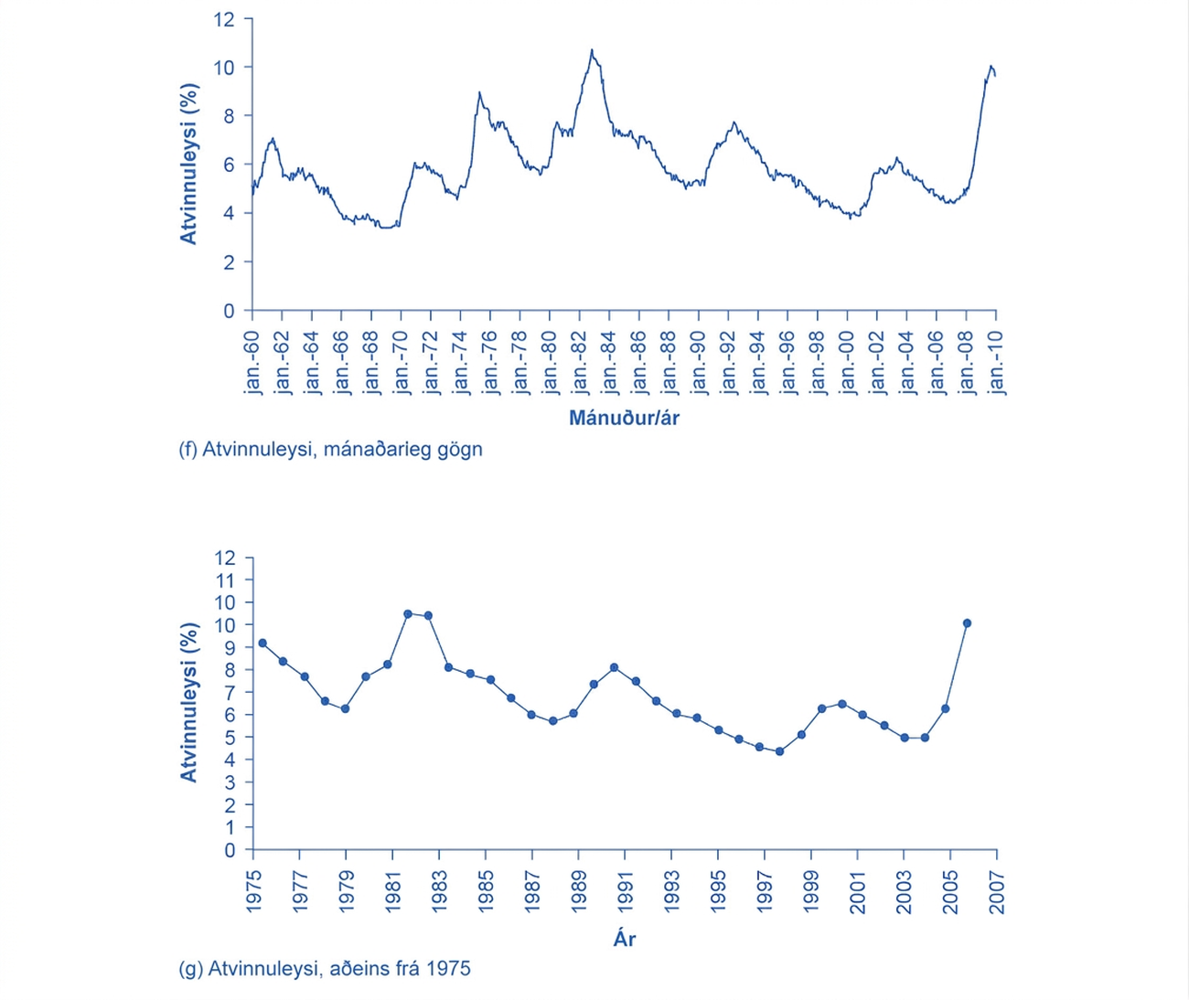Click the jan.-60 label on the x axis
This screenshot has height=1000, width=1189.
pyautogui.click(x=252, y=362)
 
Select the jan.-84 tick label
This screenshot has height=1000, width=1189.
pyautogui.click(x=609, y=362)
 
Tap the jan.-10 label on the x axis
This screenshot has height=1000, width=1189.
pyautogui.click(x=996, y=362)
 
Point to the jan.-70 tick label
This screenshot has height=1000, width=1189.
pyautogui.click(x=401, y=362)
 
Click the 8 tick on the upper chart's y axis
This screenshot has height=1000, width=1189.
pyautogui.click(x=228, y=116)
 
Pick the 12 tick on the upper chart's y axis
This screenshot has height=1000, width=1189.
pyautogui.click(x=224, y=19)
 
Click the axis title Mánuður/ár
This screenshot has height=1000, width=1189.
pyautogui.click(x=624, y=419)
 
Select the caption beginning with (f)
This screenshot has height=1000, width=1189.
pyautogui.click(x=331, y=450)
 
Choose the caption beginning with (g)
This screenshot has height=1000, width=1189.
pyautogui.click(x=325, y=968)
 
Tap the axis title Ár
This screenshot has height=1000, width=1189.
pyautogui.click(x=624, y=939)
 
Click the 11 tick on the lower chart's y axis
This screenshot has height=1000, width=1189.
pyautogui.click(x=224, y=580)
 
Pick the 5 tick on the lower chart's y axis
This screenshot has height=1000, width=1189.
pyautogui.click(x=229, y=738)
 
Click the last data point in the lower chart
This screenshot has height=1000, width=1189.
pyautogui.click(x=967, y=623)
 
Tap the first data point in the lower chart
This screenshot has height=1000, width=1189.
pyautogui.click(x=262, y=643)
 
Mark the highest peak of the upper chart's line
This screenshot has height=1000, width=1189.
pyautogui.click(x=592, y=49)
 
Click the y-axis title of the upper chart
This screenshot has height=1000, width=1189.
pyautogui.click(x=189, y=164)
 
